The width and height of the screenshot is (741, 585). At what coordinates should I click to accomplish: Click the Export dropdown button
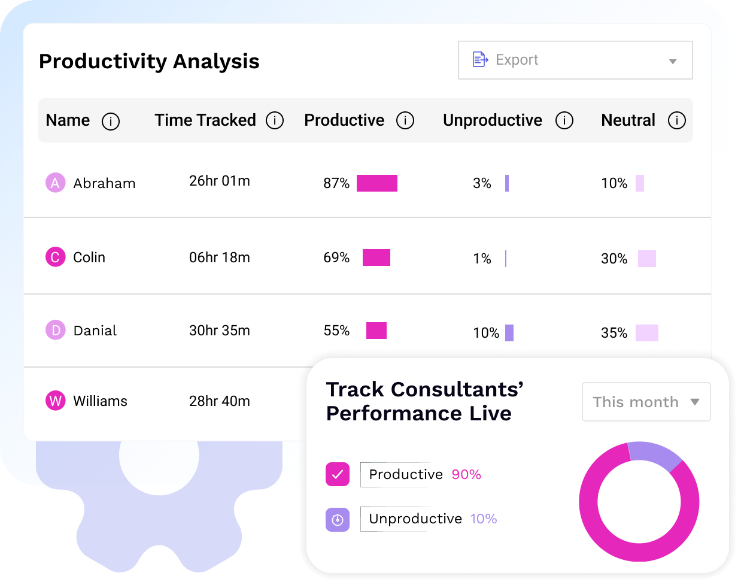tap(575, 60)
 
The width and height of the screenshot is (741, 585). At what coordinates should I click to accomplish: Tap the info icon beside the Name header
tap(111, 122)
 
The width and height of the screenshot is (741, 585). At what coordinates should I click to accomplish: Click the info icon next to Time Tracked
tap(275, 121)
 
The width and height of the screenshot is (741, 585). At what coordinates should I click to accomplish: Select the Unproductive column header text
tap(492, 120)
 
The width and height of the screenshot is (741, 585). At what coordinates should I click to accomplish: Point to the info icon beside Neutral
tap(676, 121)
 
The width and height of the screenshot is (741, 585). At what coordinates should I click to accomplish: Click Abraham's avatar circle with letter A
tap(56, 183)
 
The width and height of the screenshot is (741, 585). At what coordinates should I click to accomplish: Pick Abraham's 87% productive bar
tap(376, 183)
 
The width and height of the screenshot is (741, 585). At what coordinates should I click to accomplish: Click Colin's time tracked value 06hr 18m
tap(219, 257)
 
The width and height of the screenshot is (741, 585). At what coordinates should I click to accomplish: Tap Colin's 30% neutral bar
tap(646, 259)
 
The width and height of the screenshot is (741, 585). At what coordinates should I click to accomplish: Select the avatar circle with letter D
tap(56, 330)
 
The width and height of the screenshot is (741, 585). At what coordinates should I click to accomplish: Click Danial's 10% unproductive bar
tap(509, 333)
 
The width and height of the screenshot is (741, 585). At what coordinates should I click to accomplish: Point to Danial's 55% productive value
tap(336, 331)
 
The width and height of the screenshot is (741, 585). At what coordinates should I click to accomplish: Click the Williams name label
tap(100, 401)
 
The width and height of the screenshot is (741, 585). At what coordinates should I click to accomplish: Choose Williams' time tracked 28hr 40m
tap(219, 401)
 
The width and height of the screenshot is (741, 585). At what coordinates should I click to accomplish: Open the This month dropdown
tap(646, 402)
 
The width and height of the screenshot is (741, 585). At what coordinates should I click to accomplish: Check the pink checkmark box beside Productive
tap(338, 475)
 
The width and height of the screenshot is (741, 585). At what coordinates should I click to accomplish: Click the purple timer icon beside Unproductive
tap(338, 519)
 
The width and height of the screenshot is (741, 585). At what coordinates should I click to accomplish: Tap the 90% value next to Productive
tap(466, 475)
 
